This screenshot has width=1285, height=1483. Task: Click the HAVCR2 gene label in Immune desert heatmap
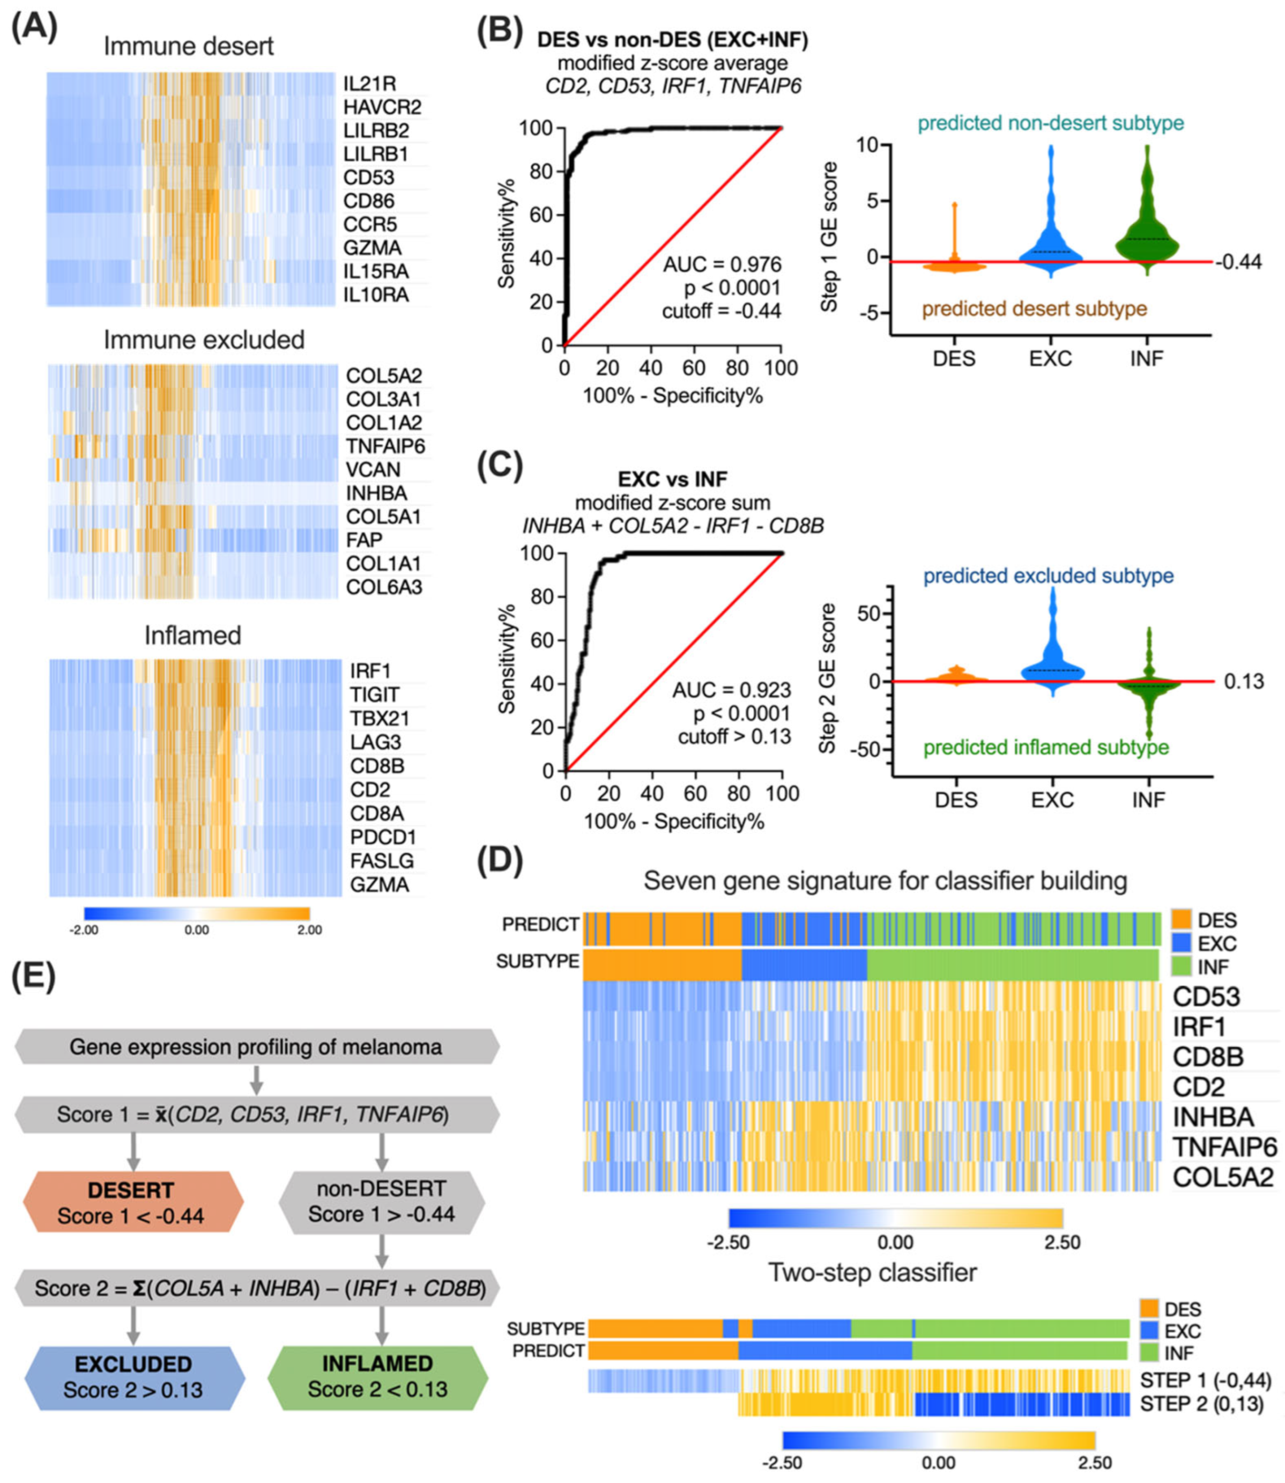382,107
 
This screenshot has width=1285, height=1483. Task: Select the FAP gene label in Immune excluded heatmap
365,540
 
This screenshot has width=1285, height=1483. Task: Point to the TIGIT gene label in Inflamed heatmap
374,695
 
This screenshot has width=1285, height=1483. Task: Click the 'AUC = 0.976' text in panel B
722,265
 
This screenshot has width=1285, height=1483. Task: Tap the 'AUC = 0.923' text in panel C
731,690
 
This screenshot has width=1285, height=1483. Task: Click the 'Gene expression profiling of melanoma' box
256,1047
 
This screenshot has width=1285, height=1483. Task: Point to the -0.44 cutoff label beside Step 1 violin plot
1238,262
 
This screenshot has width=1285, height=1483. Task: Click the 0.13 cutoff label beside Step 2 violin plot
1243,682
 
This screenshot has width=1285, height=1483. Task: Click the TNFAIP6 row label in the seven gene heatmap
1224,1147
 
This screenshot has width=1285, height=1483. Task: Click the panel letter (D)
500,859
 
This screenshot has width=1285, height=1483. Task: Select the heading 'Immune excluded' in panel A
204,340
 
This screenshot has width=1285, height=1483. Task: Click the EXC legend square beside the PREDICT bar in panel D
1182,943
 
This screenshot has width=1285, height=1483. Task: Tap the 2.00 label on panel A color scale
310,930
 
